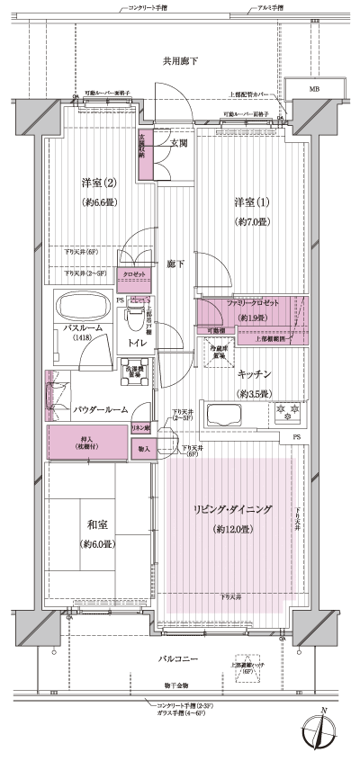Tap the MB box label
314,89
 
